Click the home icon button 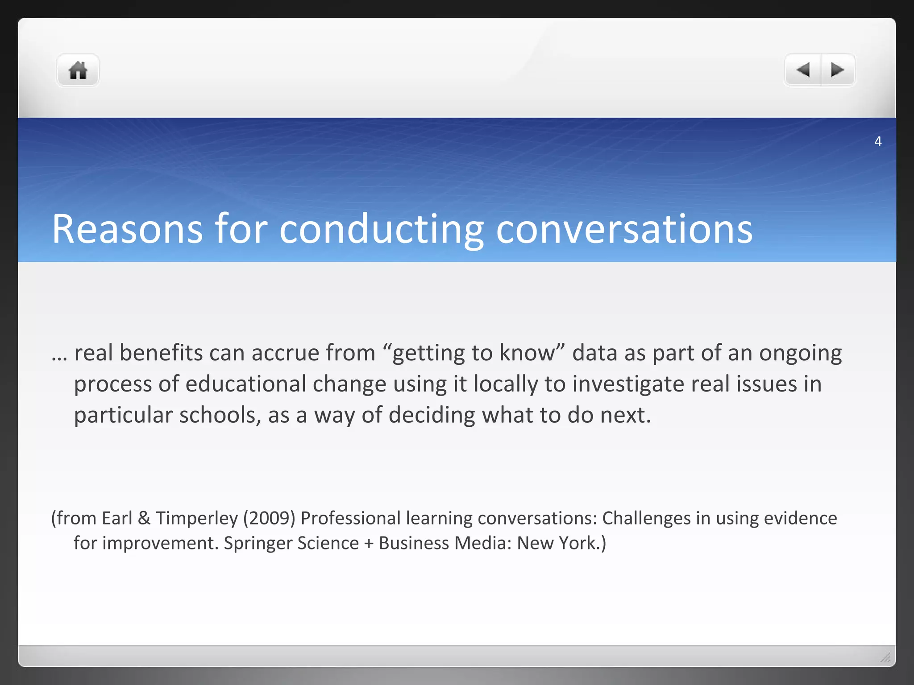point(78,70)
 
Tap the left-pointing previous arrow point(803,70)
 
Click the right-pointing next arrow point(837,70)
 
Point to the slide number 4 point(878,141)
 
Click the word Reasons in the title point(128,229)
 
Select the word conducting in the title point(382,229)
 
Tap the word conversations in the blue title point(624,229)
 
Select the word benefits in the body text point(161,353)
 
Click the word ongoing point(801,354)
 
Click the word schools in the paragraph point(217,415)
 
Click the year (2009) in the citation point(269,518)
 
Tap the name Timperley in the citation point(197,518)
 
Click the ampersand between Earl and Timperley point(144,518)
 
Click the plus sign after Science point(369,544)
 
